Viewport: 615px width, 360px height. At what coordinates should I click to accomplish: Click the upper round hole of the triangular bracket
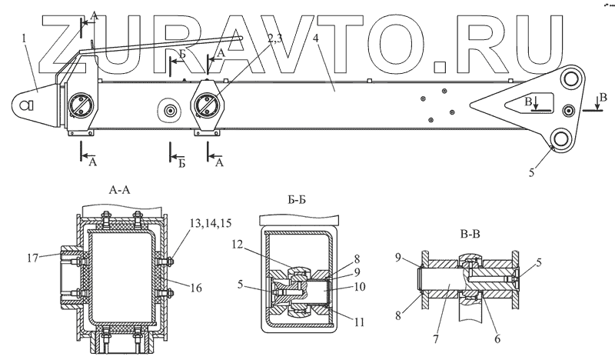(570, 79)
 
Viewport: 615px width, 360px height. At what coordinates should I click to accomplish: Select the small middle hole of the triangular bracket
(570, 108)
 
